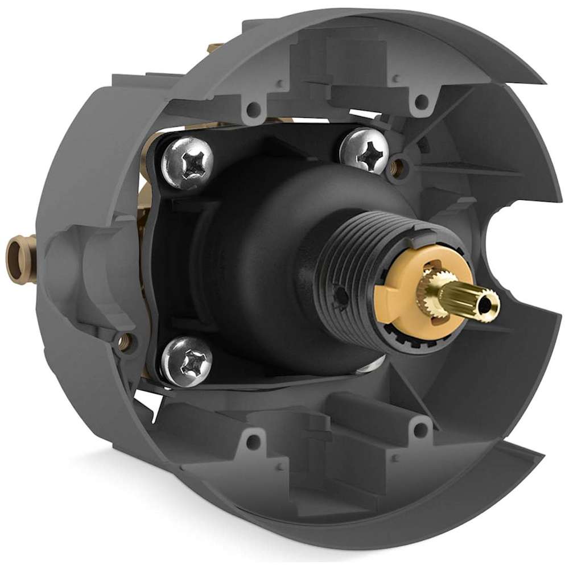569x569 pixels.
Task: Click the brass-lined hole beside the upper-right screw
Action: point(397,166)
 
